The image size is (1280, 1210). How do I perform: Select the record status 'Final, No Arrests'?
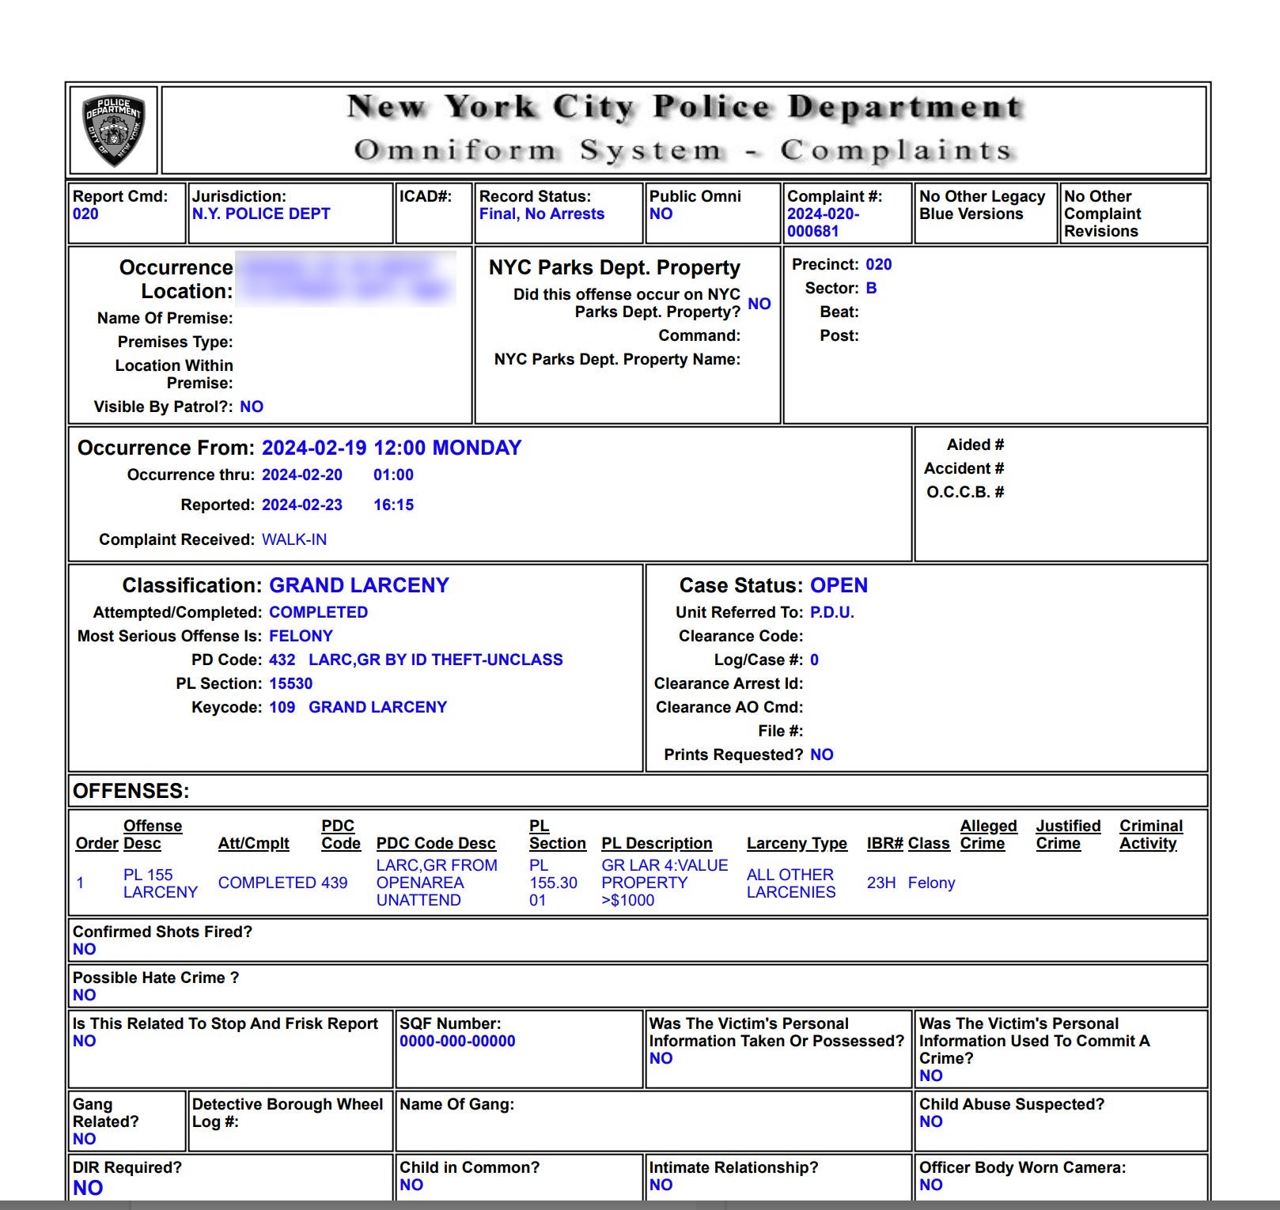pyautogui.click(x=541, y=214)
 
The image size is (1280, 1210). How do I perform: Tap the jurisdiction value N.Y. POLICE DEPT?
pyautogui.click(x=261, y=214)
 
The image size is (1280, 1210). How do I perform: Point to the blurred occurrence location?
pyautogui.click(x=346, y=278)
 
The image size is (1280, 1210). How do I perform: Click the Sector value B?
pyautogui.click(x=871, y=288)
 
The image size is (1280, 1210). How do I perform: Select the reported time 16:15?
pyautogui.click(x=393, y=505)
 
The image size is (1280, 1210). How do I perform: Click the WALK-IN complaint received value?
pyautogui.click(x=294, y=539)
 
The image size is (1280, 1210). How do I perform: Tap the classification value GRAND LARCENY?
pyautogui.click(x=359, y=585)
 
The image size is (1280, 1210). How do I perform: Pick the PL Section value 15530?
pyautogui.click(x=290, y=683)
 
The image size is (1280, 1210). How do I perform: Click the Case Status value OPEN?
pyautogui.click(x=839, y=585)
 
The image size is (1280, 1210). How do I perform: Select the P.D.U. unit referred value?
pyautogui.click(x=831, y=612)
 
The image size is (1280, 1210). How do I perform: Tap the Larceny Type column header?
pyautogui.click(x=797, y=843)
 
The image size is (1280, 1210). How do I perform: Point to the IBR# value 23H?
pyautogui.click(x=881, y=883)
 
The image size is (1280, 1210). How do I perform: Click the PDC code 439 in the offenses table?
pyautogui.click(x=334, y=883)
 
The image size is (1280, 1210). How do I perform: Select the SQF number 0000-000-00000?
pyautogui.click(x=457, y=1041)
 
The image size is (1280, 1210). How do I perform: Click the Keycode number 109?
pyautogui.click(x=282, y=707)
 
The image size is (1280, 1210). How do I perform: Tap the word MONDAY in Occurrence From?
pyautogui.click(x=477, y=448)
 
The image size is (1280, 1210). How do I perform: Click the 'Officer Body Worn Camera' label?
pyautogui.click(x=1022, y=1167)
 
